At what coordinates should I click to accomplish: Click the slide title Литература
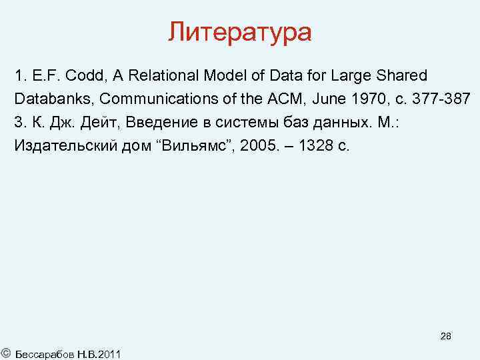click(239, 31)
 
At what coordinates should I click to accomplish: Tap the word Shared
click(403, 75)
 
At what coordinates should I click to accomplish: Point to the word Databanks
click(53, 99)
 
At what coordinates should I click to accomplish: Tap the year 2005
click(254, 146)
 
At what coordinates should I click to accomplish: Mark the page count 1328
click(314, 146)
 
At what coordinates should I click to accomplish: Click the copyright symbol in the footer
click(5, 351)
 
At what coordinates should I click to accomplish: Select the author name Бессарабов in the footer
click(42, 352)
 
